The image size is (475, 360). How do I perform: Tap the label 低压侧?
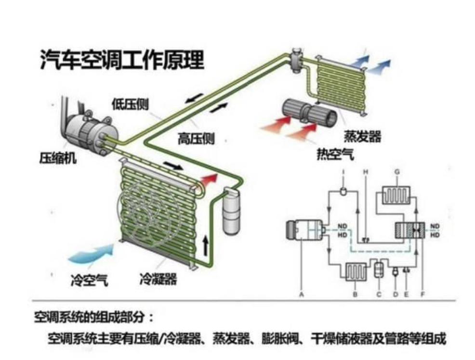point(130,104)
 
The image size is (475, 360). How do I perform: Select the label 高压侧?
point(196,139)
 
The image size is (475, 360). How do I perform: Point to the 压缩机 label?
point(57,158)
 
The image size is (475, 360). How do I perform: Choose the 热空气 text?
point(335,154)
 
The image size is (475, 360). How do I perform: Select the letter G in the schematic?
point(396,171)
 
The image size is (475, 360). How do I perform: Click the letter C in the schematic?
point(379,295)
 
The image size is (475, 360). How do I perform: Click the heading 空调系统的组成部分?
point(94,318)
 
